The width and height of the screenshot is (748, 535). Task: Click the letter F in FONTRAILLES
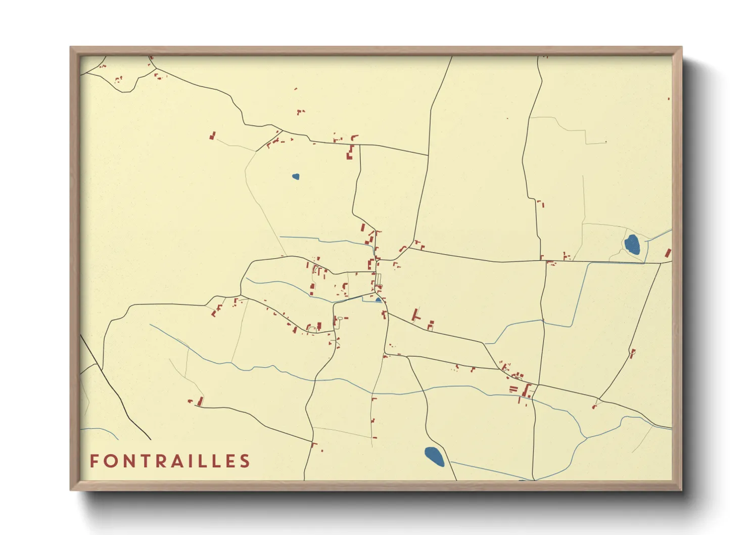tap(93, 461)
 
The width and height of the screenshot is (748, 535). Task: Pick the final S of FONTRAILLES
tap(245, 461)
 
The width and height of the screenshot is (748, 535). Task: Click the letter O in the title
tap(110, 461)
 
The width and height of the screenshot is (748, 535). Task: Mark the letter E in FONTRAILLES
tap(230, 461)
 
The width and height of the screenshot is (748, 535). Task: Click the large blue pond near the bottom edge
tap(434, 457)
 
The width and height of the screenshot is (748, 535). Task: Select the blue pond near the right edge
tap(632, 244)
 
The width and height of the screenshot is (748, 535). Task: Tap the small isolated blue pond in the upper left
tap(296, 176)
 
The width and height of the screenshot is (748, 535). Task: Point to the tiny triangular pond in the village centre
tap(378, 299)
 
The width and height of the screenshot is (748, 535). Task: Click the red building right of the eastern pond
tap(668, 253)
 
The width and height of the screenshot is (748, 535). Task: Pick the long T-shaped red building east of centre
tap(415, 315)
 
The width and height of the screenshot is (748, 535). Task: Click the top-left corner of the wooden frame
tap(71, 48)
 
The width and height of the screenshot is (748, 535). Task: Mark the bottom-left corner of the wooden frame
tap(71, 489)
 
